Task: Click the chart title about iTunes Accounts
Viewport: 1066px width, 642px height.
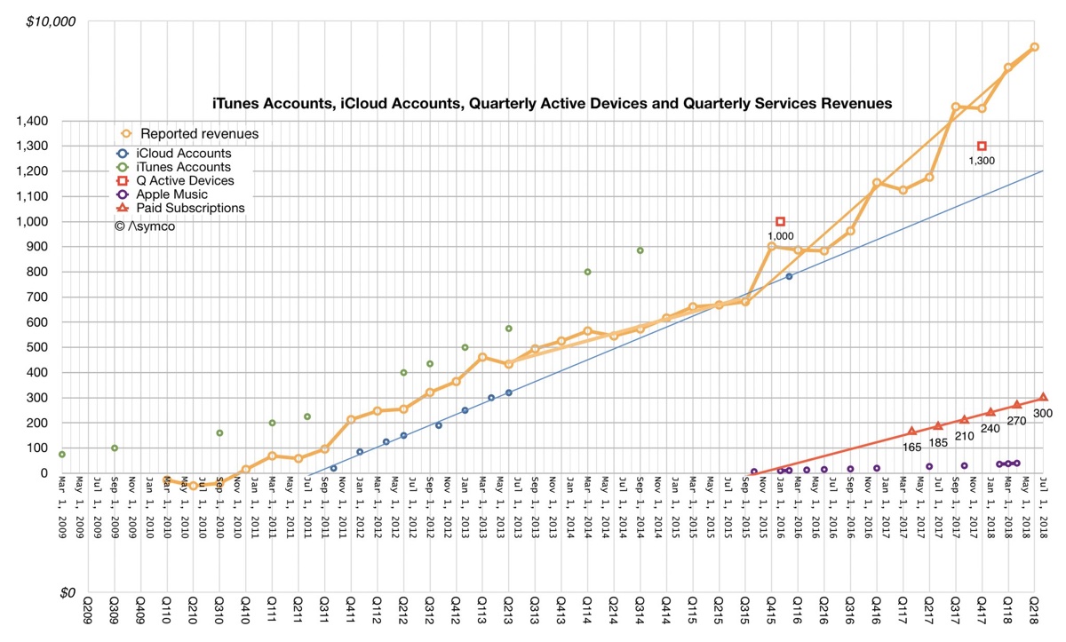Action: [x=551, y=104]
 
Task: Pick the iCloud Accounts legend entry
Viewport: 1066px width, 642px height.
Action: [x=186, y=154]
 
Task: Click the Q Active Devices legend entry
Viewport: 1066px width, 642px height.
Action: [x=187, y=181]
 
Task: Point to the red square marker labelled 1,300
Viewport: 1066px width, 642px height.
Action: [x=982, y=146]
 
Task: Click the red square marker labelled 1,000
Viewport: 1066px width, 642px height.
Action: [x=781, y=221]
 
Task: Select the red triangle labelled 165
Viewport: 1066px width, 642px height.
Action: [x=911, y=432]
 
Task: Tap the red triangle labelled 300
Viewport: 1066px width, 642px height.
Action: [x=1043, y=397]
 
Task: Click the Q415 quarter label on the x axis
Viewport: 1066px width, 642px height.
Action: [x=771, y=615]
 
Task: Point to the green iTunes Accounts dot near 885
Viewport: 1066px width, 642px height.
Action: [x=640, y=250]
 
